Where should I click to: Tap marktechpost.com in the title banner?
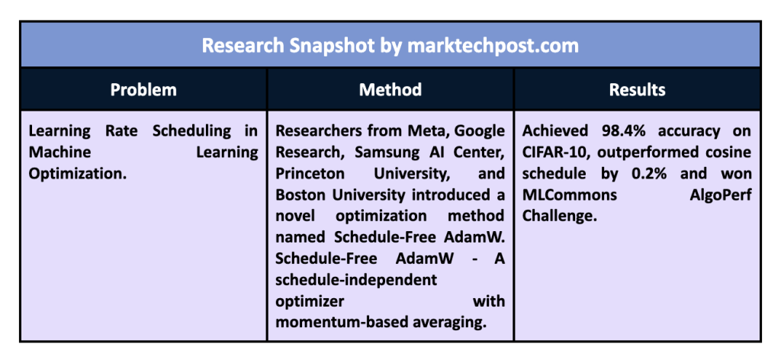[x=493, y=45]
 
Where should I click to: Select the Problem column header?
[x=143, y=90]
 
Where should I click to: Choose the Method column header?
[x=390, y=90]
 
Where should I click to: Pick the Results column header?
[x=637, y=90]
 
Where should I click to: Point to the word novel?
[x=295, y=216]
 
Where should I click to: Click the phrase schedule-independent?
[x=356, y=281]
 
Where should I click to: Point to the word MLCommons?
[x=570, y=195]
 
